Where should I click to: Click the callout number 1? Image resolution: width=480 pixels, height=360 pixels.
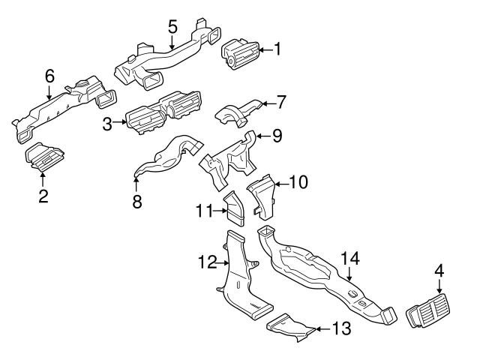(x=277, y=50)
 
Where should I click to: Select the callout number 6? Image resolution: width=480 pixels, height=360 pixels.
(x=49, y=76)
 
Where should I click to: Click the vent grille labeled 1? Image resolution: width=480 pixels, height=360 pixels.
(x=240, y=55)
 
